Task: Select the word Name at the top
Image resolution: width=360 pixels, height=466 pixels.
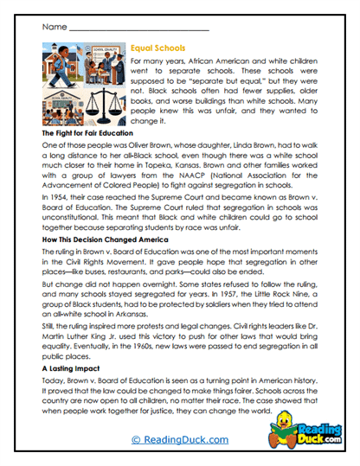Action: pyautogui.click(x=54, y=28)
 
